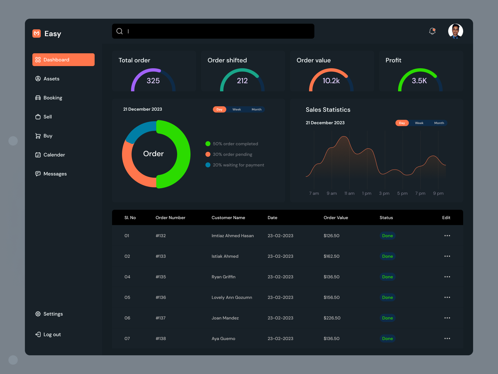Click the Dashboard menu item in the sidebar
pyautogui.click(x=63, y=60)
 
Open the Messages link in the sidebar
pyautogui.click(x=55, y=174)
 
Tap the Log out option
pyautogui.click(x=52, y=334)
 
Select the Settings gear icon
pyautogui.click(x=38, y=314)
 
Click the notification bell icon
pyautogui.click(x=432, y=31)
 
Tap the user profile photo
pyautogui.click(x=455, y=31)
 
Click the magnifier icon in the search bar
pyautogui.click(x=120, y=31)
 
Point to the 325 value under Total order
pyautogui.click(x=153, y=81)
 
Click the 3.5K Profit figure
pyautogui.click(x=419, y=81)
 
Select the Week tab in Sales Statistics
pyautogui.click(x=419, y=123)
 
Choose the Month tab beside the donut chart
pyautogui.click(x=256, y=109)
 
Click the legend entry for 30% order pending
pyautogui.click(x=232, y=154)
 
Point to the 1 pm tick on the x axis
pyautogui.click(x=367, y=193)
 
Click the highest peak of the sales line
pyautogui.click(x=344, y=137)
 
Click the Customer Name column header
pyautogui.click(x=228, y=218)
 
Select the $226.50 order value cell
pyautogui.click(x=332, y=318)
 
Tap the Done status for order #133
pyautogui.click(x=388, y=256)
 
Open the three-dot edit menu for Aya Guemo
pyautogui.click(x=447, y=338)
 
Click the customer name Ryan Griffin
pyautogui.click(x=223, y=277)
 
